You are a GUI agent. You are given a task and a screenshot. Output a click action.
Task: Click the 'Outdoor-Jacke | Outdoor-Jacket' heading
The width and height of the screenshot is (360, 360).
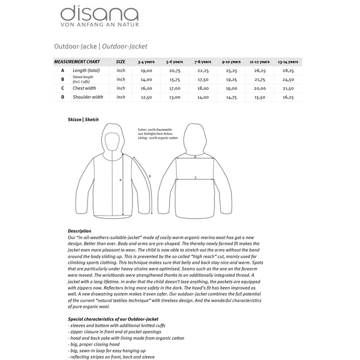[x=100, y=46]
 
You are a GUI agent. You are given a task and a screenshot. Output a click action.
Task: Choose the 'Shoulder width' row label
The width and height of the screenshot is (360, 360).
[x=87, y=97]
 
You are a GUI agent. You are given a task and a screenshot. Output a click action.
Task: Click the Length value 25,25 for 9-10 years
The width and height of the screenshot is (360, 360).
[x=231, y=70]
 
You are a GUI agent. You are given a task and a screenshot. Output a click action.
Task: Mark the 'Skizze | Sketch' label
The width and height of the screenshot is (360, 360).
[x=83, y=120]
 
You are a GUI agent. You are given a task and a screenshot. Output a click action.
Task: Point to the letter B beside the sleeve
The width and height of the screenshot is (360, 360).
[x=150, y=175]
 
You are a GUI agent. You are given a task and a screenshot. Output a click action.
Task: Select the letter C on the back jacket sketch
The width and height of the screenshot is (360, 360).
[x=195, y=177]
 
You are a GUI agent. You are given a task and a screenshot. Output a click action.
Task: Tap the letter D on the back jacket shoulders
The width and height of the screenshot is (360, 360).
[x=195, y=156]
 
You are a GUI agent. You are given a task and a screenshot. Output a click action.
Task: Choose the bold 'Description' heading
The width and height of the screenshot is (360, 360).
[x=79, y=231]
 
